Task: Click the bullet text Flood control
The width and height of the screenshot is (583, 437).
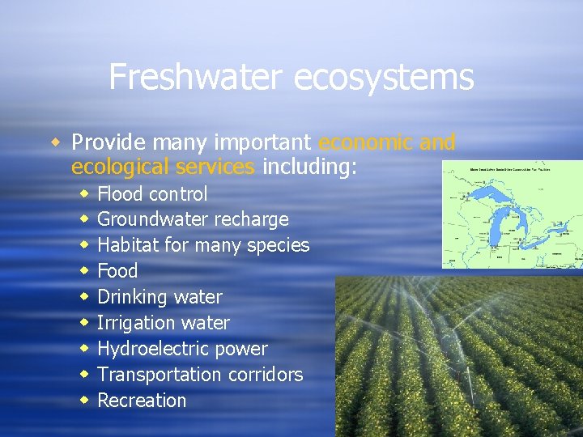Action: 152,193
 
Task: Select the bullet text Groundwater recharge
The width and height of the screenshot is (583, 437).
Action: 193,219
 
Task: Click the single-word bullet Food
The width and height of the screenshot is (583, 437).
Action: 117,271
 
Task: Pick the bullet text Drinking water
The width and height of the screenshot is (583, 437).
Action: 160,297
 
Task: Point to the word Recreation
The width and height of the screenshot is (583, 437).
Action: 142,401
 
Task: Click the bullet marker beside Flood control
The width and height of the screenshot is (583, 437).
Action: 83,193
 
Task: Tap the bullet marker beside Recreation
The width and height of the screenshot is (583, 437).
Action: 83,400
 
